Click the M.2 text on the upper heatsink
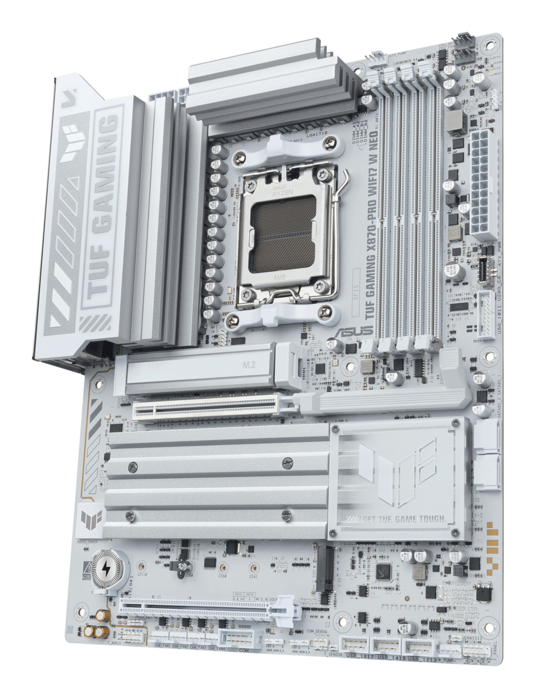tap(249, 365)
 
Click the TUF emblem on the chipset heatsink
tap(398, 472)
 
